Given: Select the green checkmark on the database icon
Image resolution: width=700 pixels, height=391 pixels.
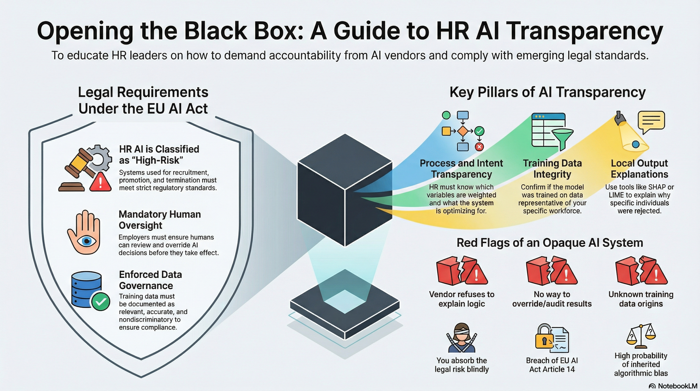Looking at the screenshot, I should (x=100, y=302).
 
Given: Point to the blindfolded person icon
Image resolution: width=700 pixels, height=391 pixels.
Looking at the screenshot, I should (x=461, y=338).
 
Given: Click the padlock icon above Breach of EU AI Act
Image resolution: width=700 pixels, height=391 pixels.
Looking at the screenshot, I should (x=544, y=337).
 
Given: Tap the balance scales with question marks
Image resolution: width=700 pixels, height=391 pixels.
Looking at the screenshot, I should (x=641, y=337).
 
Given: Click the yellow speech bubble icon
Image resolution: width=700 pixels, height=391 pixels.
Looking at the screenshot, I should (x=651, y=121).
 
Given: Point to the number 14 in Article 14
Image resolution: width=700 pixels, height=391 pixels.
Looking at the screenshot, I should (x=570, y=369).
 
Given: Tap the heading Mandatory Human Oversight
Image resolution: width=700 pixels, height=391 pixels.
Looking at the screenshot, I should (x=159, y=220).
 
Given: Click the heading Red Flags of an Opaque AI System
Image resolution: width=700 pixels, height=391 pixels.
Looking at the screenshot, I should (x=549, y=243).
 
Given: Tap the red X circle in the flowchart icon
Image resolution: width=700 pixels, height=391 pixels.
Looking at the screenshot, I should (x=479, y=147).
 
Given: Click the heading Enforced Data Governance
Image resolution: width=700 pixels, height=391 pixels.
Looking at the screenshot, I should (x=150, y=280).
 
